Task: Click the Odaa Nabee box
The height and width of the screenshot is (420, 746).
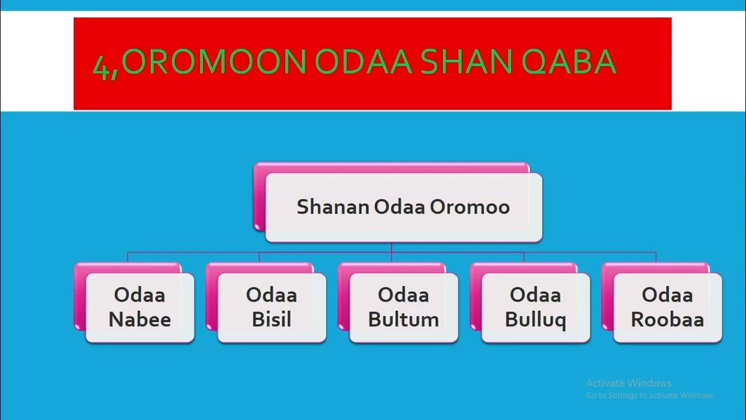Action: [x=139, y=307]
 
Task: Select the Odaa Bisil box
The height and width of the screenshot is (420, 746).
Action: [x=272, y=307]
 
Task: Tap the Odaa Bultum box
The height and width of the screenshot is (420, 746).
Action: [x=403, y=307]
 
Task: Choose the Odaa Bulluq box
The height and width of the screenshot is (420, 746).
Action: [x=536, y=307]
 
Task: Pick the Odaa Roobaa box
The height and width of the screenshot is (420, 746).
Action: [x=667, y=307]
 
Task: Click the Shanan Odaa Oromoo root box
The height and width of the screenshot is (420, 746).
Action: [x=403, y=207]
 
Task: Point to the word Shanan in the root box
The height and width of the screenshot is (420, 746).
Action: [x=332, y=207]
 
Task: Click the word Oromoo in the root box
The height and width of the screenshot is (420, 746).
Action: [x=470, y=207]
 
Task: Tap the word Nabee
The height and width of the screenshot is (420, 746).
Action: [x=139, y=320]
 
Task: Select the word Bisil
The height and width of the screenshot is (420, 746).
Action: [x=272, y=320]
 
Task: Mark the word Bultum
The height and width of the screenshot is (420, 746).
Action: [x=403, y=320]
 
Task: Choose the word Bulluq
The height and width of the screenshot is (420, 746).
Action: [x=536, y=320]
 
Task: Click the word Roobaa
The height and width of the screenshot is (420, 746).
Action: [x=667, y=320]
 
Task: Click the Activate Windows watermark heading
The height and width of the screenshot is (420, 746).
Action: [x=628, y=383]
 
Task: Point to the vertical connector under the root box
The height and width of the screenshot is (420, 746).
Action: [x=392, y=247]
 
